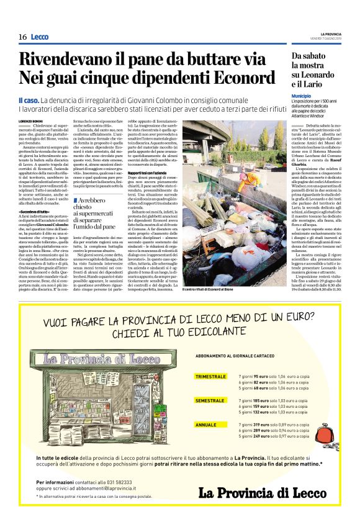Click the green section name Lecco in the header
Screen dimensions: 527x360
(40, 37)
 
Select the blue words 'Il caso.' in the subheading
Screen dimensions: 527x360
(29, 101)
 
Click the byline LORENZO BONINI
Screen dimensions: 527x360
(32, 120)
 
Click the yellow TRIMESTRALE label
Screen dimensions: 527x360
(210, 376)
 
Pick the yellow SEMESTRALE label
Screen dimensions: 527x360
(209, 401)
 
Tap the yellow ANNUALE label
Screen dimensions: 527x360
(205, 425)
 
